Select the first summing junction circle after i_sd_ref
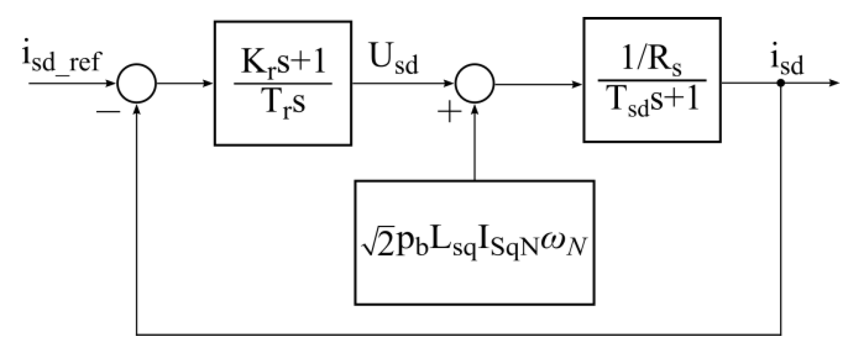(137, 83)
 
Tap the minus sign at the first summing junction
(107, 111)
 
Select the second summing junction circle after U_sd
(475, 83)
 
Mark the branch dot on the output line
(780, 83)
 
